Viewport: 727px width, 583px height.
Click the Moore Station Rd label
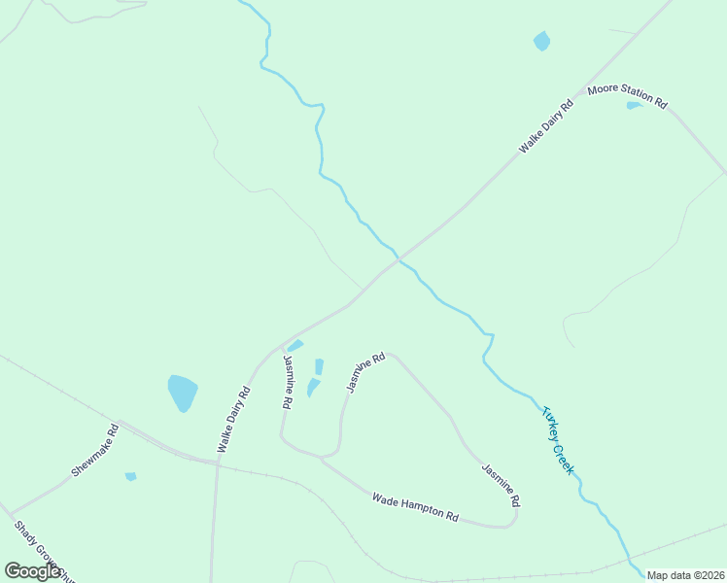pos(627,96)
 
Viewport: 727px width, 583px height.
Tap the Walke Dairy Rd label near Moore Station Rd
pos(545,126)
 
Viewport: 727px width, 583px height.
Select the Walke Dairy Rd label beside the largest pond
pos(233,420)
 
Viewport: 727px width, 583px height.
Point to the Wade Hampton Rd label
pos(414,506)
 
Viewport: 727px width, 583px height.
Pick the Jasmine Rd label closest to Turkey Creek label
pos(501,485)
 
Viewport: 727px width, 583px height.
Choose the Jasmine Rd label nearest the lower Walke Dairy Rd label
pos(288,381)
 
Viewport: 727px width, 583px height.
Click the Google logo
pos(33,571)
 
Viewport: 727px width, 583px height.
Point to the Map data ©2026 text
pos(686,575)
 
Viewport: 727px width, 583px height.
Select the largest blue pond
pos(182,393)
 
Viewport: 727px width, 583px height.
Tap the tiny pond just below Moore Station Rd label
pos(634,105)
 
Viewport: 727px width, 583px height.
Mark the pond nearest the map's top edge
pos(541,41)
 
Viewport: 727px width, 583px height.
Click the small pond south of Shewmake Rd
pos(130,476)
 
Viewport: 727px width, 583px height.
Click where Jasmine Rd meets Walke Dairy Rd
pos(281,347)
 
